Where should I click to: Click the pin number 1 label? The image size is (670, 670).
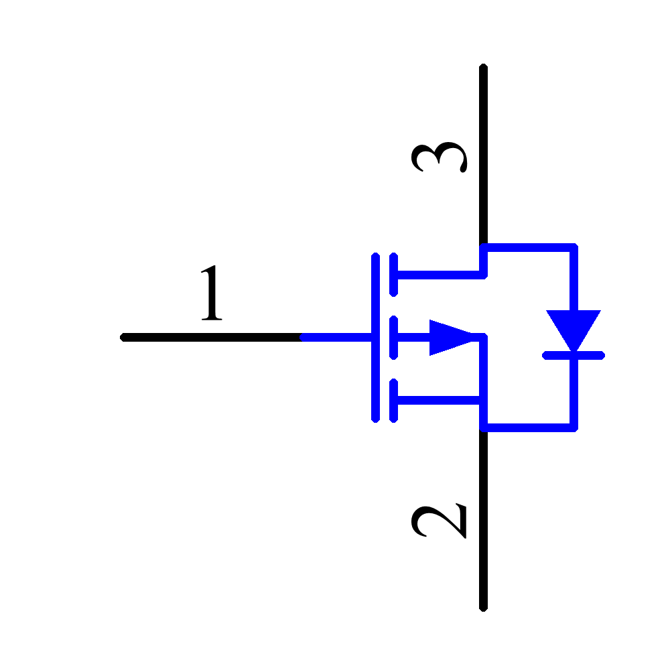212,292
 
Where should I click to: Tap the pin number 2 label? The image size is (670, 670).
439,521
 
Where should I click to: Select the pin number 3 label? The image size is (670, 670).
439,157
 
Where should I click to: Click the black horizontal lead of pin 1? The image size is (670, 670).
212,337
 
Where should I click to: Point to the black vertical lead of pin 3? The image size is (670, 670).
483,155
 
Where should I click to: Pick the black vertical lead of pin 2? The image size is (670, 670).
483,520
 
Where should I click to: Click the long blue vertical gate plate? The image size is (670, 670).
376,337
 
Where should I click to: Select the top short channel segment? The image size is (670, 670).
393,274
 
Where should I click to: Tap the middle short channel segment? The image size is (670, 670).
393,337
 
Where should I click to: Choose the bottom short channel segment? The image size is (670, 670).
393,401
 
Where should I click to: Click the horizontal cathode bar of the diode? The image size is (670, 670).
574,356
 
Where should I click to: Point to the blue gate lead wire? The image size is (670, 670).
337,337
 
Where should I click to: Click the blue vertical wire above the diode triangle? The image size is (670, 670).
574,279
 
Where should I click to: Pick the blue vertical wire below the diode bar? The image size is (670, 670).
574,393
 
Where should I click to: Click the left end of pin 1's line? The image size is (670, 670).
120,337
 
